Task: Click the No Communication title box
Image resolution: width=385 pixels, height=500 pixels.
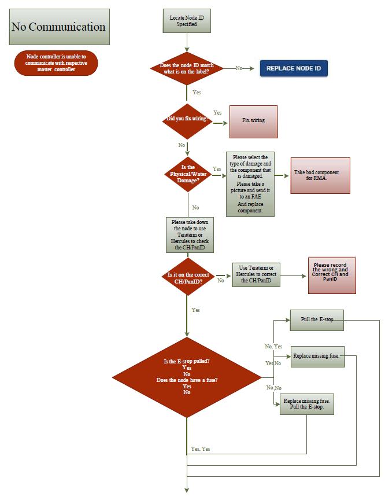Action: click(x=59, y=27)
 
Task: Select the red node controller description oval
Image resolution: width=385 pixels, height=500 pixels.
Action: click(x=56, y=63)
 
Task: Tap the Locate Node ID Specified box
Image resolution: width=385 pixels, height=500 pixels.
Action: click(x=187, y=21)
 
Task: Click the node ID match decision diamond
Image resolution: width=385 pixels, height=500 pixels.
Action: click(x=187, y=68)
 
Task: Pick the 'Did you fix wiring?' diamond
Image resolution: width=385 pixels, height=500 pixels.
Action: click(x=187, y=121)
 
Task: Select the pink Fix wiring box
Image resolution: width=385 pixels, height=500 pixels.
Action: click(x=253, y=122)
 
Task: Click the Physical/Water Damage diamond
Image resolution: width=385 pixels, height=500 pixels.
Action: click(x=188, y=174)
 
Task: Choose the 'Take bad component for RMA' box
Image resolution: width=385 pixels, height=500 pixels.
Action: click(x=320, y=175)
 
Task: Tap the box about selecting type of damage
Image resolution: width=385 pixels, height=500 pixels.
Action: click(x=250, y=184)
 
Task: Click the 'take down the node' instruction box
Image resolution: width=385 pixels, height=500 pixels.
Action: click(x=190, y=235)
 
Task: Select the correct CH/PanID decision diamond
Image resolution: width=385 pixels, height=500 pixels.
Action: click(x=188, y=277)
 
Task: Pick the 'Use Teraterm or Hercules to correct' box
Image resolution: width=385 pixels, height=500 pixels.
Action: click(x=256, y=274)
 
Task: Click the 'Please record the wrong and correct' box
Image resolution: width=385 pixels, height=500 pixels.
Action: click(x=332, y=275)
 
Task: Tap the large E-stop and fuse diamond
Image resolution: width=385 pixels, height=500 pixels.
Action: click(x=187, y=377)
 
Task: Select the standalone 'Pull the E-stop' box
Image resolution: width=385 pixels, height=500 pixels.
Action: click(x=317, y=320)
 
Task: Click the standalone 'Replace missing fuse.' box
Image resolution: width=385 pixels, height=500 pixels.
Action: click(x=318, y=356)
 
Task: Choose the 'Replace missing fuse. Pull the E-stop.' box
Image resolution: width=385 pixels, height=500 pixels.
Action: click(x=307, y=404)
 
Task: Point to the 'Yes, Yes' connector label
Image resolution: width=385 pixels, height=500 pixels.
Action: click(x=200, y=448)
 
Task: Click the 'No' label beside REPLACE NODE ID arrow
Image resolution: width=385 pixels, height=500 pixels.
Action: click(x=239, y=68)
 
